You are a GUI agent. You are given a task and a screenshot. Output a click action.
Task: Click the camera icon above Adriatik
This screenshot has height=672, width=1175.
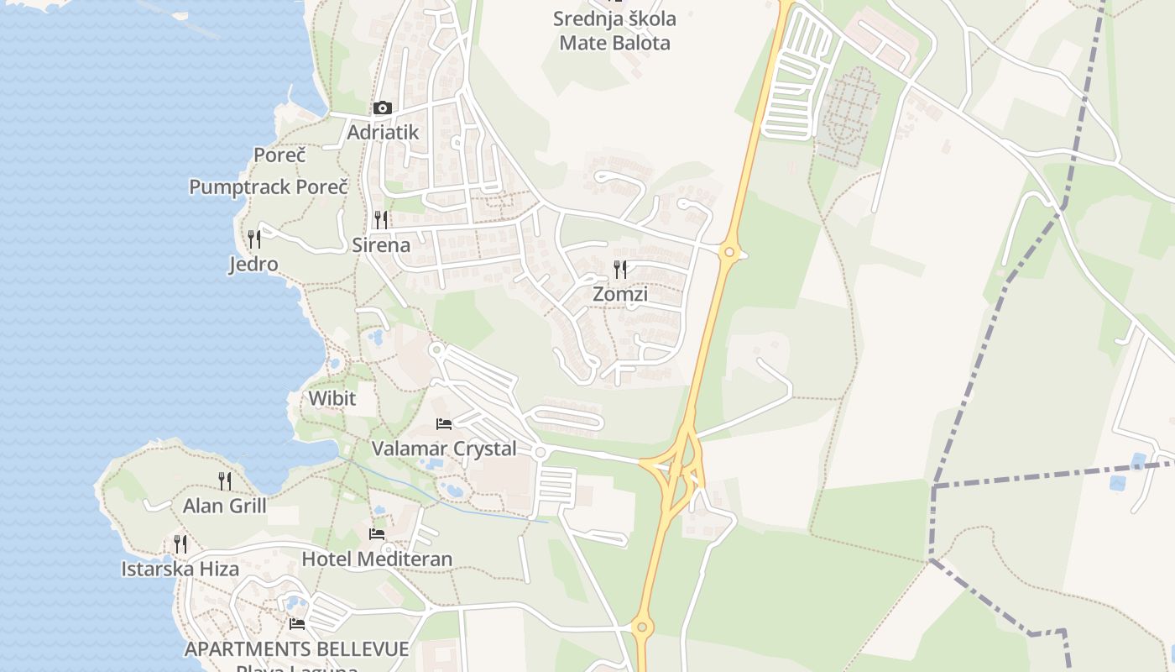pos(382,108)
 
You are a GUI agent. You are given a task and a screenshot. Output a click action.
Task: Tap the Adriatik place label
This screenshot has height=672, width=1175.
pos(383,133)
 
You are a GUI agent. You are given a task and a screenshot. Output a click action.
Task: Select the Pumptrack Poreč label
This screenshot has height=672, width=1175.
pos(268,186)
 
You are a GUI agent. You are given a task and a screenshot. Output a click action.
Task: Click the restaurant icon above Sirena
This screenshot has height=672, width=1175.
pos(381,220)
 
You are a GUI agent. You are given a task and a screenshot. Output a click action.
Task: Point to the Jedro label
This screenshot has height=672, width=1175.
pos(253,265)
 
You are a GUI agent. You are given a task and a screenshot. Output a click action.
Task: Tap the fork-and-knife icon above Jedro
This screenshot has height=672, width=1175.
pos(253,239)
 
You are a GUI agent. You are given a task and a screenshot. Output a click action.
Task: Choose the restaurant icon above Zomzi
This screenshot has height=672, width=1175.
pos(620,270)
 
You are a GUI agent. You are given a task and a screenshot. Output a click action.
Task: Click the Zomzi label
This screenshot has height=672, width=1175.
pos(620,295)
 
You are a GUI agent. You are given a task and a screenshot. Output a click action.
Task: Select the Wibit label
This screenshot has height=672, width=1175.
pos(332,398)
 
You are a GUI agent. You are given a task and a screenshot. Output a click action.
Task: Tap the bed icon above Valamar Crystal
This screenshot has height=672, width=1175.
pos(444,423)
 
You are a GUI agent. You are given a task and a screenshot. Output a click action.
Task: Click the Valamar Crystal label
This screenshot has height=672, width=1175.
pos(444,449)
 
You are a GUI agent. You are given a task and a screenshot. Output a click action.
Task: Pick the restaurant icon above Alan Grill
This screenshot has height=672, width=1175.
pos(225,480)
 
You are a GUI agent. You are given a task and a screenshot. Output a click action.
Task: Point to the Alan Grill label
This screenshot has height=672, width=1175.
pos(225,506)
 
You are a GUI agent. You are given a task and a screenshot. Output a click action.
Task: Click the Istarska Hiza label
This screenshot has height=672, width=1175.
pos(180,569)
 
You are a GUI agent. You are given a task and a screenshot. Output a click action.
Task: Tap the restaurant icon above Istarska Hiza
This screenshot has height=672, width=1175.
pos(180,543)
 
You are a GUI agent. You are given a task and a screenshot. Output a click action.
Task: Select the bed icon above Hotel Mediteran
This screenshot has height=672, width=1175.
pos(377,533)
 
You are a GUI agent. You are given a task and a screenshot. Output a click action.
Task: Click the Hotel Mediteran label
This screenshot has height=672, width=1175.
pos(377,559)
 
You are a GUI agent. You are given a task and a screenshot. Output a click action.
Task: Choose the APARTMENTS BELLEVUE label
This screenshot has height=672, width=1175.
pos(297,649)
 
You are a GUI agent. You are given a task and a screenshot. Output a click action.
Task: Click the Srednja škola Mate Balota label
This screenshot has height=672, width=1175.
pos(615,31)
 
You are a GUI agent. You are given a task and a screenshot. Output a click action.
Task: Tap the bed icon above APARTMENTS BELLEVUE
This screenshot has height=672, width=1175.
pos(297,624)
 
